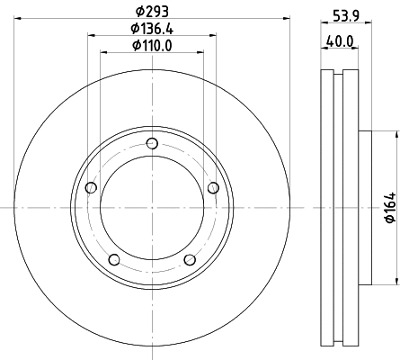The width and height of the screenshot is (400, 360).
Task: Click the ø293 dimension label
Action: [x=151, y=11]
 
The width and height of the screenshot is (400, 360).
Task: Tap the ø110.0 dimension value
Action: [x=151, y=46]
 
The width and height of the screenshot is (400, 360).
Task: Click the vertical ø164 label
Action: [x=390, y=208]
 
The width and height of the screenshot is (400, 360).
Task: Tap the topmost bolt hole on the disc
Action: [x=151, y=143]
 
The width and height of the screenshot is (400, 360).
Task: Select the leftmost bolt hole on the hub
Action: [x=90, y=188]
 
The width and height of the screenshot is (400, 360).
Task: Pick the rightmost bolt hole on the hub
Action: [x=213, y=187]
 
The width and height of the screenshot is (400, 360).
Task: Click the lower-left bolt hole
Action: [x=113, y=260]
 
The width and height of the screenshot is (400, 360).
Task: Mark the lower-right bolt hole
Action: [x=189, y=260]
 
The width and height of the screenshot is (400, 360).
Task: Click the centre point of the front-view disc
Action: [x=151, y=208]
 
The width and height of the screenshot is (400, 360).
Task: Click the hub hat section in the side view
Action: [x=365, y=208]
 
